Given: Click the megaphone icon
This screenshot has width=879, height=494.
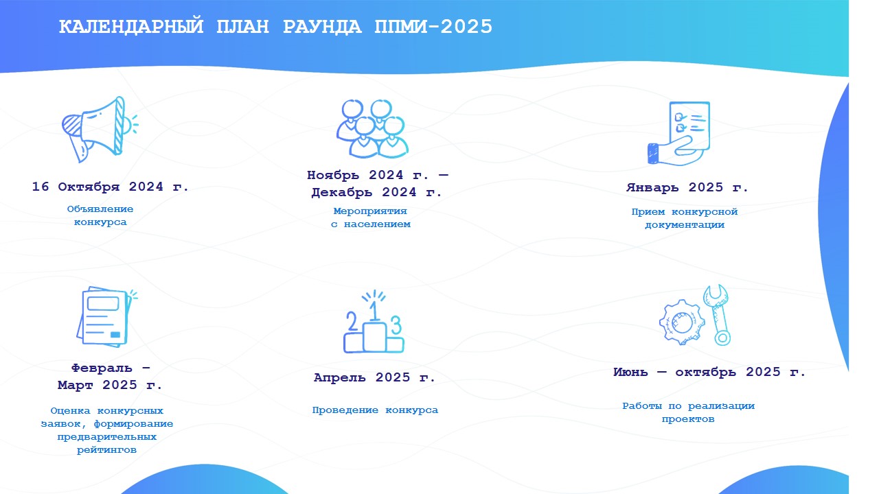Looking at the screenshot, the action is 100,130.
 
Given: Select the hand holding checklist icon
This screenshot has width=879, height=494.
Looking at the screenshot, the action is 678,133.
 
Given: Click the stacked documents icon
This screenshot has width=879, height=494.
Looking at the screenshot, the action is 106,317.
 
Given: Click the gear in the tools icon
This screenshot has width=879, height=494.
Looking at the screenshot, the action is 682,322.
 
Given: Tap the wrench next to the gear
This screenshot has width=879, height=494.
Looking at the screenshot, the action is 718,315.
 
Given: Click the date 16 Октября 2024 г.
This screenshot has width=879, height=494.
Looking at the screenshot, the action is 111,187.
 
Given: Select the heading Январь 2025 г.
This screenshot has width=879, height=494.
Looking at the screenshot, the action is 687,187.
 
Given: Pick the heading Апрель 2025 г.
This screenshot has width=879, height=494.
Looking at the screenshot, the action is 374,377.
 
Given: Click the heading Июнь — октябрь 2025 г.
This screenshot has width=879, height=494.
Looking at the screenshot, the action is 709,372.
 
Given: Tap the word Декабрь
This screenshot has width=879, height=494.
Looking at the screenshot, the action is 342,193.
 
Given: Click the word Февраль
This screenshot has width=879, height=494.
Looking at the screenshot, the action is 102,368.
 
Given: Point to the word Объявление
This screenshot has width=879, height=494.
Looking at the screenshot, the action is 100,209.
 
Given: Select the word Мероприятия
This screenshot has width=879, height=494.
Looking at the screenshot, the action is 370,211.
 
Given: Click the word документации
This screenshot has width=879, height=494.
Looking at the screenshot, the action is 685,225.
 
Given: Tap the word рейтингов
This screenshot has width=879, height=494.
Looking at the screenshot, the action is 106,450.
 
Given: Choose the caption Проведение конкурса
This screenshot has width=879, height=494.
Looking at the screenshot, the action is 375,410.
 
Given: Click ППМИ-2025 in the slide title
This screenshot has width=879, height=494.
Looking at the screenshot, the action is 433,27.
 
